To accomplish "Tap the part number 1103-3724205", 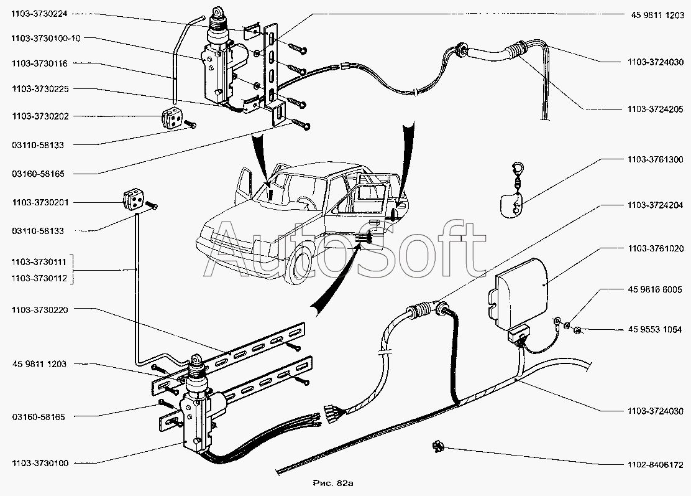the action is pos(655,109).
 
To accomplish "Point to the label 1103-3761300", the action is pos(655,159).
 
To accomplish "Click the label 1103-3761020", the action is pos(655,249).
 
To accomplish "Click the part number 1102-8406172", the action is pos(655,464).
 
